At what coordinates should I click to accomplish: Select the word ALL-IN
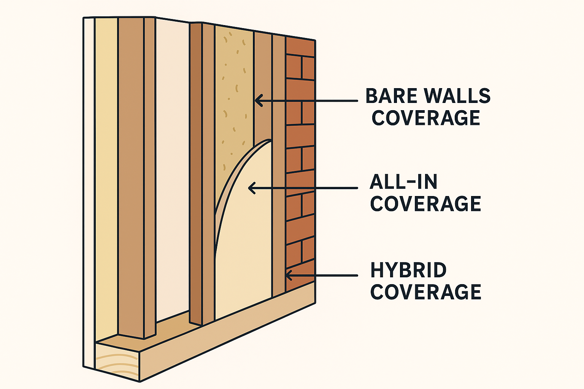click(403, 182)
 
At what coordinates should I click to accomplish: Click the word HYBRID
click(408, 270)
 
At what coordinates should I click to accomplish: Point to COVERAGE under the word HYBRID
click(425, 292)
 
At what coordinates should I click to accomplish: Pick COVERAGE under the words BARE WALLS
click(425, 118)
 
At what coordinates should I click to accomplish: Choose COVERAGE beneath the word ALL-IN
click(425, 204)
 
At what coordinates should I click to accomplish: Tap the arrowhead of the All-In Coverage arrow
click(251, 188)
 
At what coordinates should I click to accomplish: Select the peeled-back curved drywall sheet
click(245, 228)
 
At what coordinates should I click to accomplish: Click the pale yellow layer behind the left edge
click(106, 171)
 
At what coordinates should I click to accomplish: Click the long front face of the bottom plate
click(228, 334)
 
